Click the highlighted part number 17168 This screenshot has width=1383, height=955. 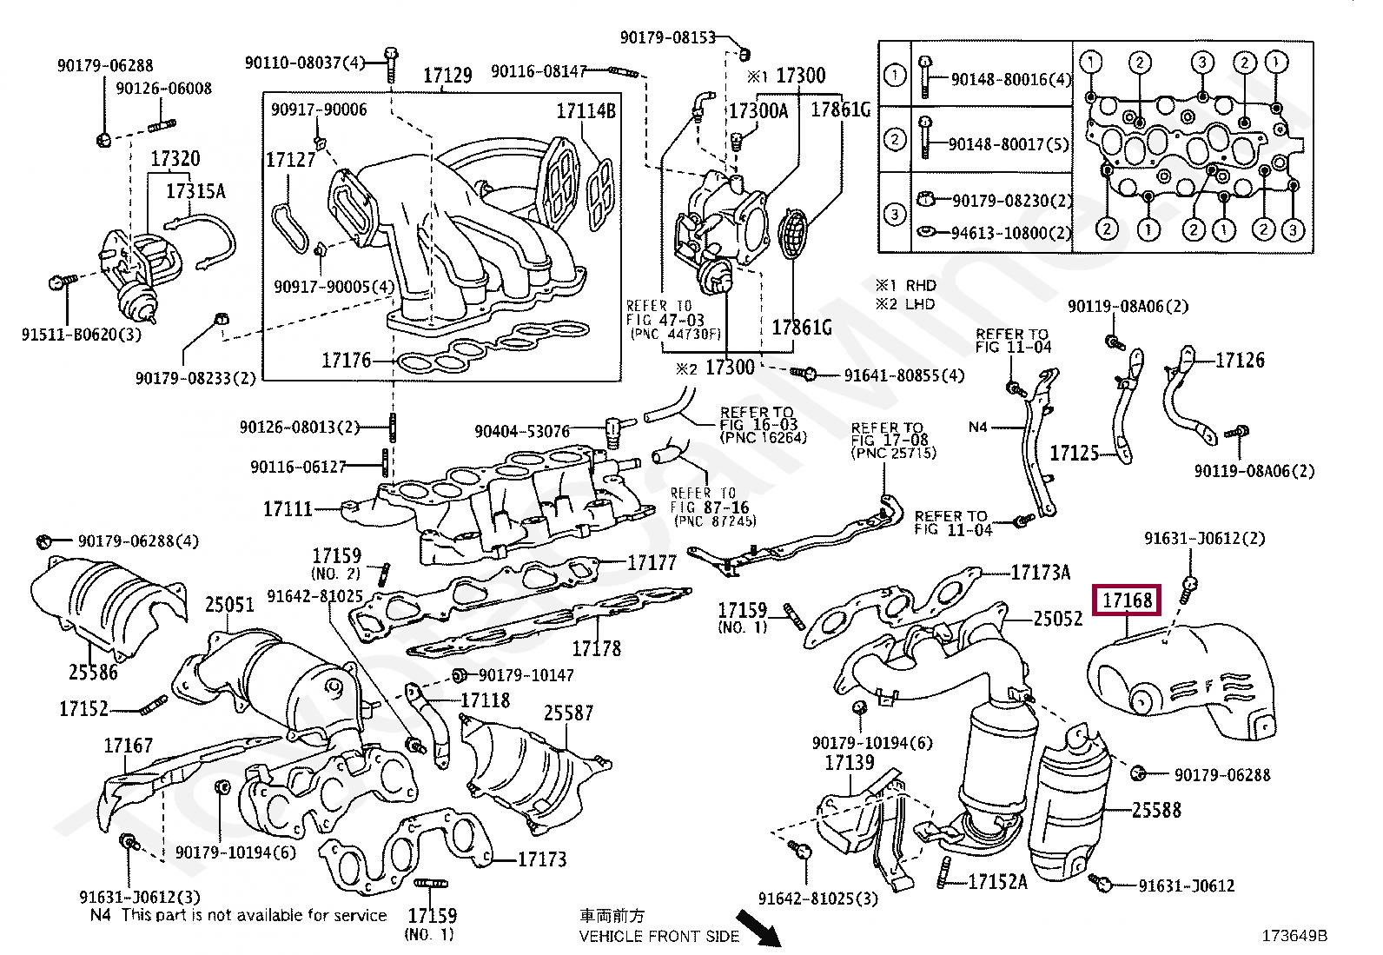[1127, 600]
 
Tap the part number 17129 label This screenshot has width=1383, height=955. [447, 76]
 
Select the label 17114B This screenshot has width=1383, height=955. [586, 110]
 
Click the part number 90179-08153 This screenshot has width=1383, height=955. [667, 37]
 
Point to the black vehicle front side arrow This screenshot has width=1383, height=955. [759, 928]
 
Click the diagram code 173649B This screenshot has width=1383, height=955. [1294, 935]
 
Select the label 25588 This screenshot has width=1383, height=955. [1156, 810]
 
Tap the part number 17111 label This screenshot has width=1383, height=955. [288, 508]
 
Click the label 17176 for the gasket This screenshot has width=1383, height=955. [346, 360]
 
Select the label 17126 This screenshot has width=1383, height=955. [1240, 360]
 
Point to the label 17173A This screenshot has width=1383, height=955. [1041, 572]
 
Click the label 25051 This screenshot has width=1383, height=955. [229, 604]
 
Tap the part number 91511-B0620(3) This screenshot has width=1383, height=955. [81, 335]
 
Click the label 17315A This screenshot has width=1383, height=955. [195, 191]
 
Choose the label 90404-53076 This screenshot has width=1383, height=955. [522, 431]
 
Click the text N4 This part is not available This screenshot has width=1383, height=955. [239, 915]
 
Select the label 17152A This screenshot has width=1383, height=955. [997, 882]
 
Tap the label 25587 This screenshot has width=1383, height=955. [568, 713]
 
